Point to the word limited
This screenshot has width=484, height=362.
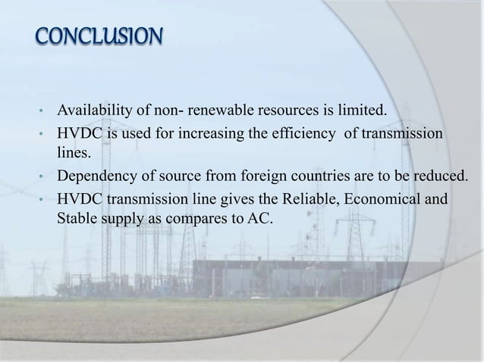(x=361, y=114)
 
